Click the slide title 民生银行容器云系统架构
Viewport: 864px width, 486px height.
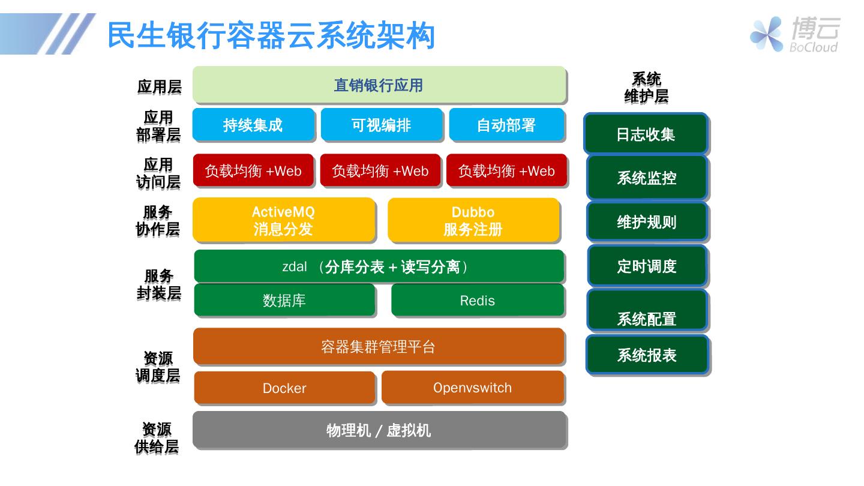pyautogui.click(x=271, y=35)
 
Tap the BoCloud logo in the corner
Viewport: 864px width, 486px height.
pyautogui.click(x=794, y=34)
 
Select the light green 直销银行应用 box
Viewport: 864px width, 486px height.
pyautogui.click(x=379, y=85)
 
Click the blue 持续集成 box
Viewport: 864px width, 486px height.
pyautogui.click(x=253, y=125)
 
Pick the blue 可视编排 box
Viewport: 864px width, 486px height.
pyautogui.click(x=382, y=125)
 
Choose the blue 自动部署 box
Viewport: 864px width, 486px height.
pyautogui.click(x=506, y=125)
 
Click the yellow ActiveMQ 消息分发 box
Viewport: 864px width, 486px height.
pyautogui.click(x=283, y=220)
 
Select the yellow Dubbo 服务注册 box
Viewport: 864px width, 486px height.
pyautogui.click(x=473, y=220)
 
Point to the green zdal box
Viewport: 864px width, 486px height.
pyautogui.click(x=379, y=266)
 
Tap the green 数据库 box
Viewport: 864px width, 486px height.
pyautogui.click(x=284, y=300)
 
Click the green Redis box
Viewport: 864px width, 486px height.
pyautogui.click(x=478, y=300)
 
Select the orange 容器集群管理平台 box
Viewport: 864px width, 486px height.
pyautogui.click(x=379, y=346)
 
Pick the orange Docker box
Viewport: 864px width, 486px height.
pyautogui.click(x=284, y=388)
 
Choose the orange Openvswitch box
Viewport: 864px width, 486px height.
pyautogui.click(x=473, y=388)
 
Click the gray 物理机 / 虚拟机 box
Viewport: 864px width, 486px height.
pyautogui.click(x=379, y=430)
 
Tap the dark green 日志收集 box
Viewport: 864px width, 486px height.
pyautogui.click(x=646, y=134)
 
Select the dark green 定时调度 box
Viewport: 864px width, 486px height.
pyautogui.click(x=647, y=266)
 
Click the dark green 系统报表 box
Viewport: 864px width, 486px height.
pyautogui.click(x=647, y=355)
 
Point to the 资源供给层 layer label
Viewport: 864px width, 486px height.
pyautogui.click(x=157, y=437)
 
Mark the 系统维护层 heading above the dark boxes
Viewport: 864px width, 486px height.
pyautogui.click(x=646, y=88)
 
